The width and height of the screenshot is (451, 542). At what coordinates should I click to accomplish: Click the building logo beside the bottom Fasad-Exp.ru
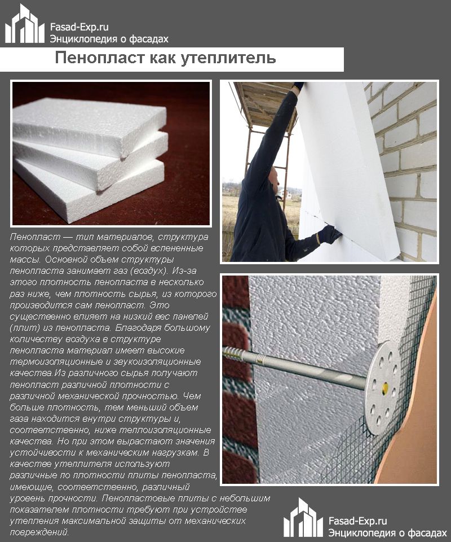point(303,518)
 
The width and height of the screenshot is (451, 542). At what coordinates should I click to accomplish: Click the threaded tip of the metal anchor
point(237,355)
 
